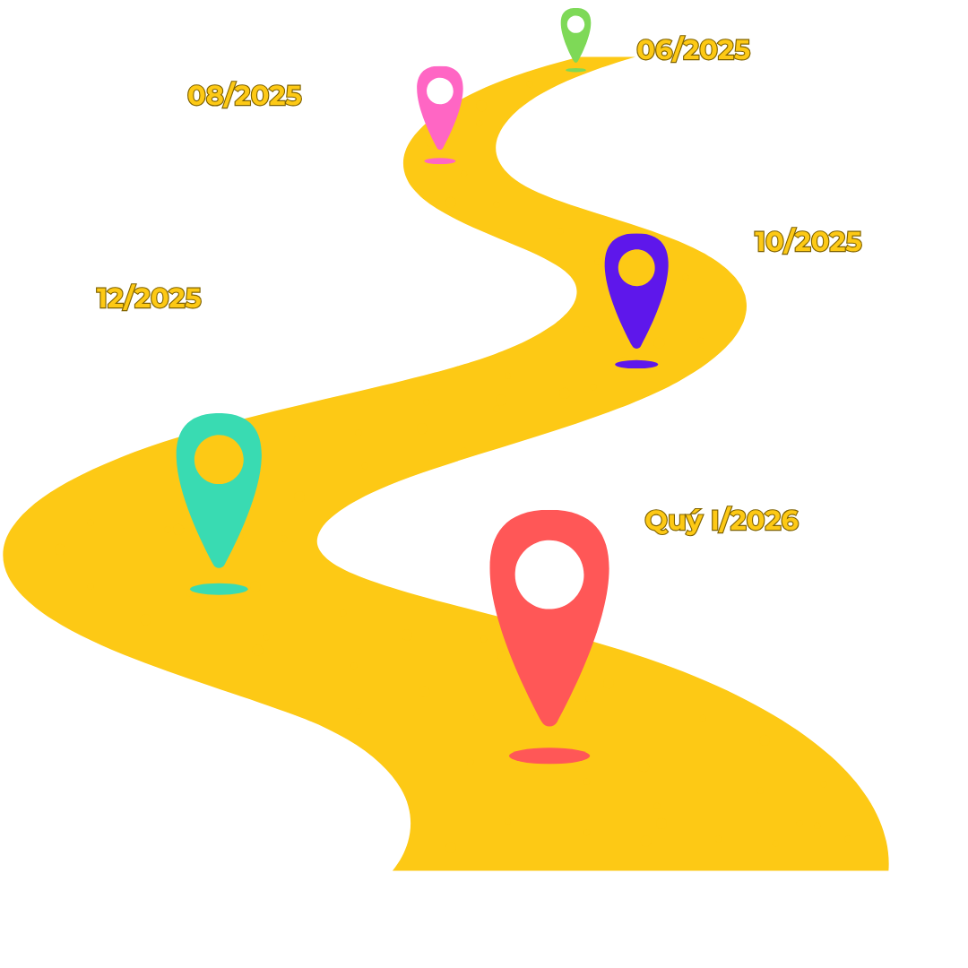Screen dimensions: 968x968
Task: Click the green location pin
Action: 575,34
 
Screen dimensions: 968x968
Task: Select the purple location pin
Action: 636,287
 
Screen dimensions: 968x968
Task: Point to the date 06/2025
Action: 693,50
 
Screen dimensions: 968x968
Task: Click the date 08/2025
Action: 245,95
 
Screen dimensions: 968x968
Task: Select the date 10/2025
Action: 808,242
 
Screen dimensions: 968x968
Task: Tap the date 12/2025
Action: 149,298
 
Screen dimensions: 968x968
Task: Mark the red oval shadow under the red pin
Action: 549,756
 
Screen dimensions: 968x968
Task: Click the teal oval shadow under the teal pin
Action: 219,589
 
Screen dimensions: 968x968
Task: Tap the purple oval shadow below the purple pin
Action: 636,364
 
